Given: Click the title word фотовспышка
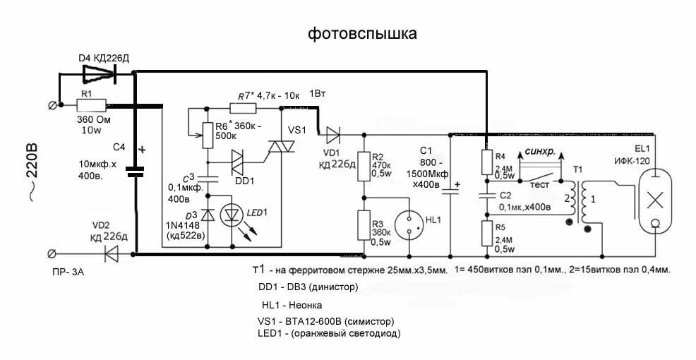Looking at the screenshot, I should (x=361, y=34).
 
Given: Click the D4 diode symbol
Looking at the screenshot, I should (x=98, y=72).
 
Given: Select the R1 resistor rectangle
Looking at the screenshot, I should (x=92, y=106).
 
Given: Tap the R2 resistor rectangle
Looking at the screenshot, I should (x=364, y=164).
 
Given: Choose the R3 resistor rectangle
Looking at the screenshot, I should (x=364, y=227).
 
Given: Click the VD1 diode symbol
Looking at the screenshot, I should (x=332, y=132).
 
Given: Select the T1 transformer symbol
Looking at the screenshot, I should (x=580, y=202).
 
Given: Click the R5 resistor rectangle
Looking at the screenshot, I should (x=486, y=233).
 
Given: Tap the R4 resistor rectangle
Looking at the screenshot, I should (x=486, y=162).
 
